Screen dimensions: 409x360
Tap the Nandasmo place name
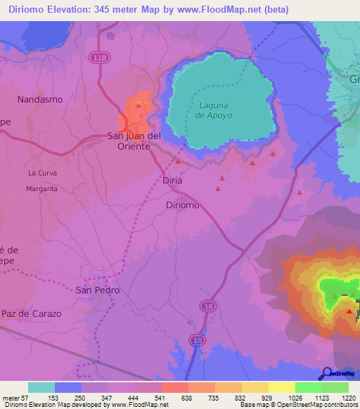click(40, 100)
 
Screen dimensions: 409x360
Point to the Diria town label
click(172, 181)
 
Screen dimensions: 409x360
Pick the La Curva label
click(42, 173)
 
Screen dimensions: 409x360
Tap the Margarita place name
click(41, 189)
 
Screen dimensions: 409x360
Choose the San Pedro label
click(98, 290)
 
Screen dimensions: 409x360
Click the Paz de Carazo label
click(32, 313)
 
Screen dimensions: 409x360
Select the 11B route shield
click(98, 56)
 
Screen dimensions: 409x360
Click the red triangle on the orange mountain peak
click(349, 311)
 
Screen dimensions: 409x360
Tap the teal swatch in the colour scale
click(41, 387)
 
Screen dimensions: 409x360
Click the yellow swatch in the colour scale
click(282, 387)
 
